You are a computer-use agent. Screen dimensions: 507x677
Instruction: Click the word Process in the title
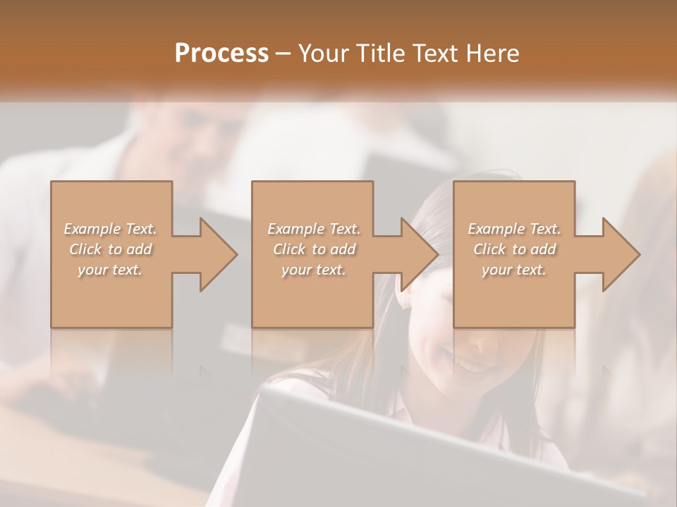(x=221, y=53)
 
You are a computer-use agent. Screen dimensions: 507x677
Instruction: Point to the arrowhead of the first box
(x=216, y=254)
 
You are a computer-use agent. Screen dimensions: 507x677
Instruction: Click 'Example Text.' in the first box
(x=111, y=229)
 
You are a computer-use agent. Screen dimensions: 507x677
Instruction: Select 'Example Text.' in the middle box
(x=313, y=229)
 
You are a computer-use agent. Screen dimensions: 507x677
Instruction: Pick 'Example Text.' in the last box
(x=514, y=229)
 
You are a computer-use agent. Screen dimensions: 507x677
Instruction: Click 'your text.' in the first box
(x=111, y=270)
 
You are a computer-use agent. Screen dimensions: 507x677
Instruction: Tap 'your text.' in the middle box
(x=313, y=270)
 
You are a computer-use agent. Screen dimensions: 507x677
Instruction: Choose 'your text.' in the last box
(x=514, y=270)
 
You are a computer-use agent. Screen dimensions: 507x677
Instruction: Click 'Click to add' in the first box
(x=111, y=249)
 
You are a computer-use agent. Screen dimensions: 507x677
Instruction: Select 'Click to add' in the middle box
(x=313, y=249)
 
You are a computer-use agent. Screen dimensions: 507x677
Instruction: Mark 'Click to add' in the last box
(x=514, y=249)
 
